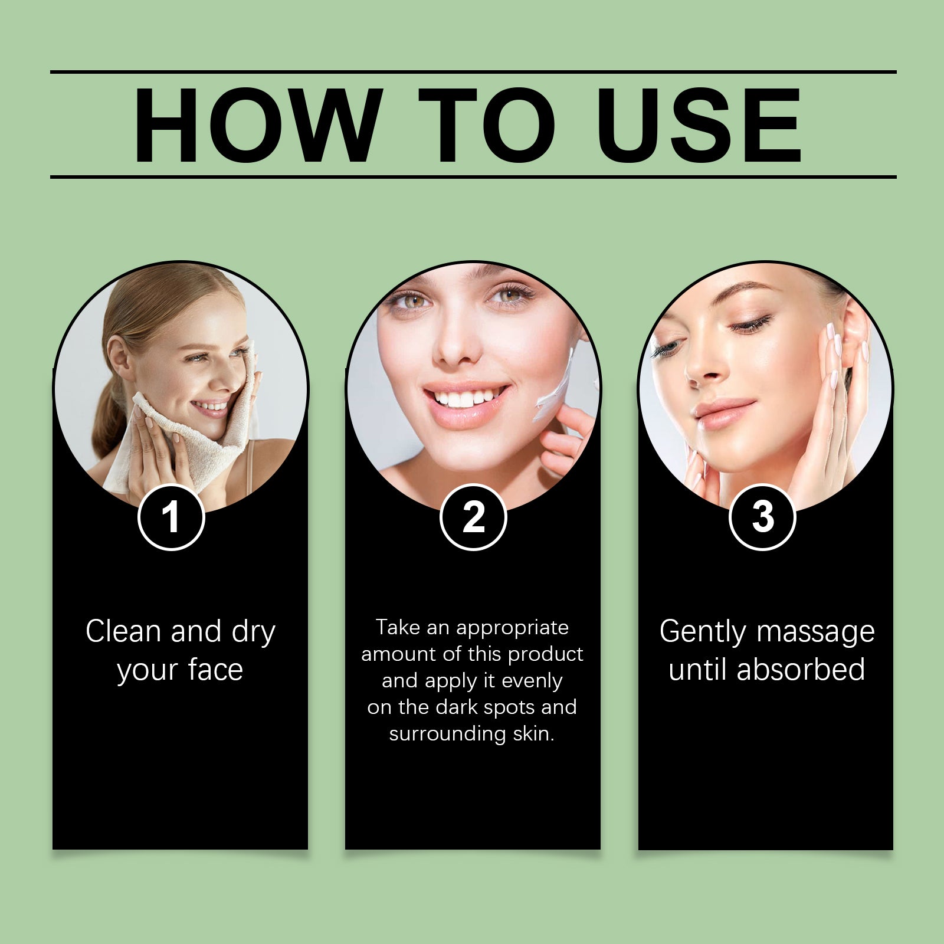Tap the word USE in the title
click(x=699, y=125)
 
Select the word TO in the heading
click(x=487, y=125)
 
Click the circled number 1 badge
click(x=171, y=517)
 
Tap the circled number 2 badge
click(x=473, y=517)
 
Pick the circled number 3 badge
click(x=763, y=517)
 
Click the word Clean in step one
click(x=123, y=631)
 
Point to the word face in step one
click(x=215, y=670)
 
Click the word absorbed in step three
click(x=801, y=670)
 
